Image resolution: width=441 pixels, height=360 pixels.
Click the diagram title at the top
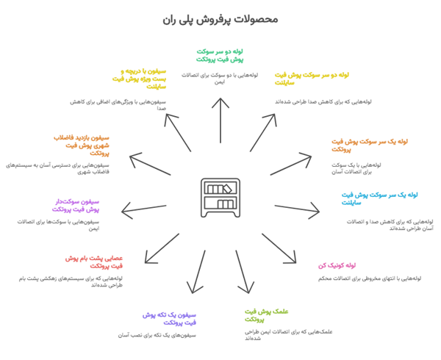click(x=220, y=20)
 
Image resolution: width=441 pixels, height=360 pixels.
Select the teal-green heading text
click(x=220, y=56)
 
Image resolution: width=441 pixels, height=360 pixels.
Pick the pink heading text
click(x=337, y=266)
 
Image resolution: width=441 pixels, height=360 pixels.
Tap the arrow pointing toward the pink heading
click(x=284, y=248)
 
